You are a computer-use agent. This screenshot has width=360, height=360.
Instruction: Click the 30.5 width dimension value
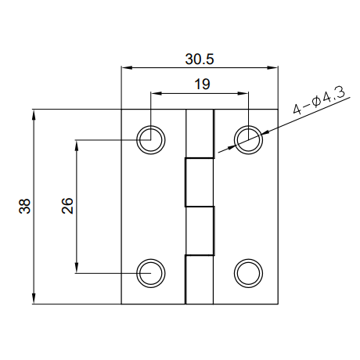(200, 59)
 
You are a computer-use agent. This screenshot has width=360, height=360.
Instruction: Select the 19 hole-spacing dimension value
(202, 85)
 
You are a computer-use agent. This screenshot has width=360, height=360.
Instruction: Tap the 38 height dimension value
(25, 207)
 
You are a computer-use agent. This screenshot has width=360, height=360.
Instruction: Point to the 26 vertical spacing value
(67, 206)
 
